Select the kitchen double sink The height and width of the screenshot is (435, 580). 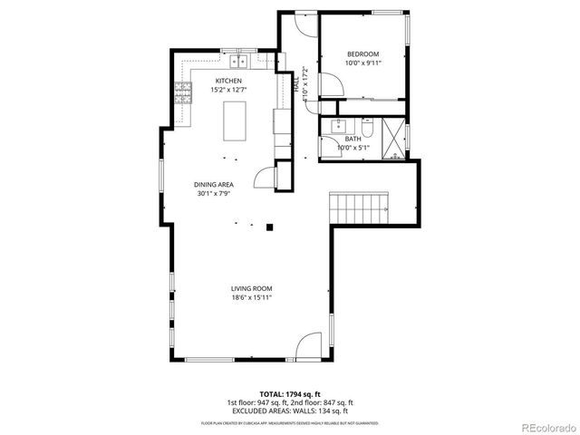240,62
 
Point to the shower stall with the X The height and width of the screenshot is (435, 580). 393,137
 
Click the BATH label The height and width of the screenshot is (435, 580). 353,139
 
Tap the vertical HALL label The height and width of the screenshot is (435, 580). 296,83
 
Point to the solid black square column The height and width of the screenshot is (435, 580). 269,227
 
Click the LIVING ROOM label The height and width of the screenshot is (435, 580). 251,288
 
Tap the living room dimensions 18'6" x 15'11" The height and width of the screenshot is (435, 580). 251,297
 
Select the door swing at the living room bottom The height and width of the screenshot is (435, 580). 308,345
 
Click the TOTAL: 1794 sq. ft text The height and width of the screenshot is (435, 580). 290,394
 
